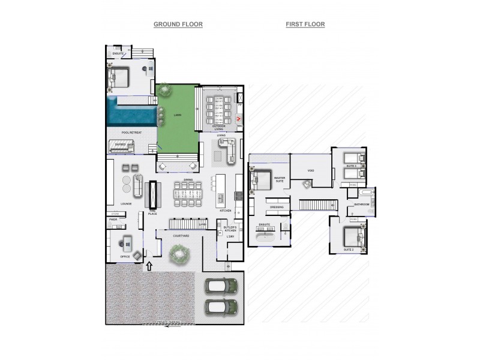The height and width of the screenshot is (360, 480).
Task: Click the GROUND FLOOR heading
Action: coord(178,24)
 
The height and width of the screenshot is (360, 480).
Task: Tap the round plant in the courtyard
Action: coord(179,257)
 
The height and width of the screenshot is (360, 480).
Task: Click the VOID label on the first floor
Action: coord(311,170)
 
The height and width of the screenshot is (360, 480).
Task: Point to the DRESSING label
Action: coord(277,207)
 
